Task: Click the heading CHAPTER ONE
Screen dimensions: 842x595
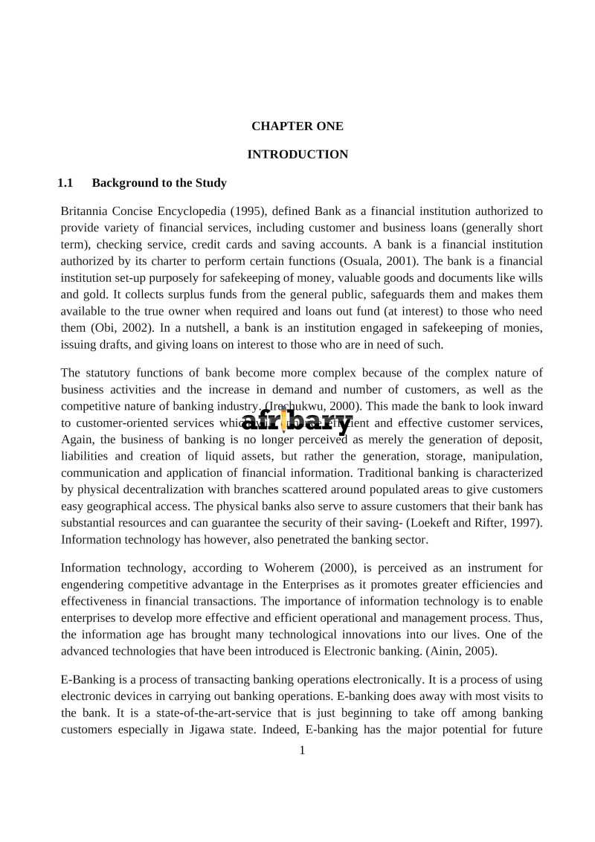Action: tap(297, 126)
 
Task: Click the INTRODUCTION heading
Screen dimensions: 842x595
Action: tap(297, 155)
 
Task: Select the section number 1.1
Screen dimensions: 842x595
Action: tap(65, 183)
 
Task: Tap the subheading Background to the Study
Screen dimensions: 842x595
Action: tap(159, 183)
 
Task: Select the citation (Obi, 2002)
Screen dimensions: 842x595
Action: tap(122, 328)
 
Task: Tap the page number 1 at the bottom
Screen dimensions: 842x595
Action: tap(302, 751)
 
